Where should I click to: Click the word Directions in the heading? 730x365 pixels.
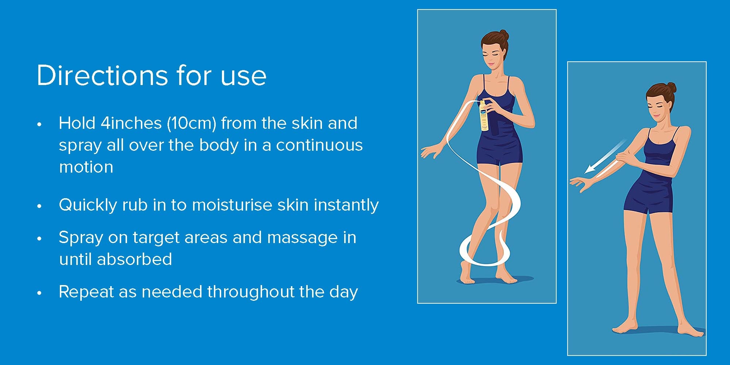pyautogui.click(x=102, y=76)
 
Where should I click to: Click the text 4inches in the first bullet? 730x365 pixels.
pyautogui.click(x=131, y=123)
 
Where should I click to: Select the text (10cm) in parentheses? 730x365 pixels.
pyautogui.click(x=192, y=123)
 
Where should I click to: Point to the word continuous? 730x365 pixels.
pyautogui.click(x=319, y=145)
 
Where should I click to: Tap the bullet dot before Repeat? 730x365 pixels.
pyautogui.click(x=39, y=293)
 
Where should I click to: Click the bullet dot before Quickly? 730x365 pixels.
pyautogui.click(x=39, y=206)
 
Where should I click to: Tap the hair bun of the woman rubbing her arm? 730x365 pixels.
pyautogui.click(x=671, y=88)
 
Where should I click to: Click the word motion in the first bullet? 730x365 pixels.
pyautogui.click(x=86, y=167)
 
